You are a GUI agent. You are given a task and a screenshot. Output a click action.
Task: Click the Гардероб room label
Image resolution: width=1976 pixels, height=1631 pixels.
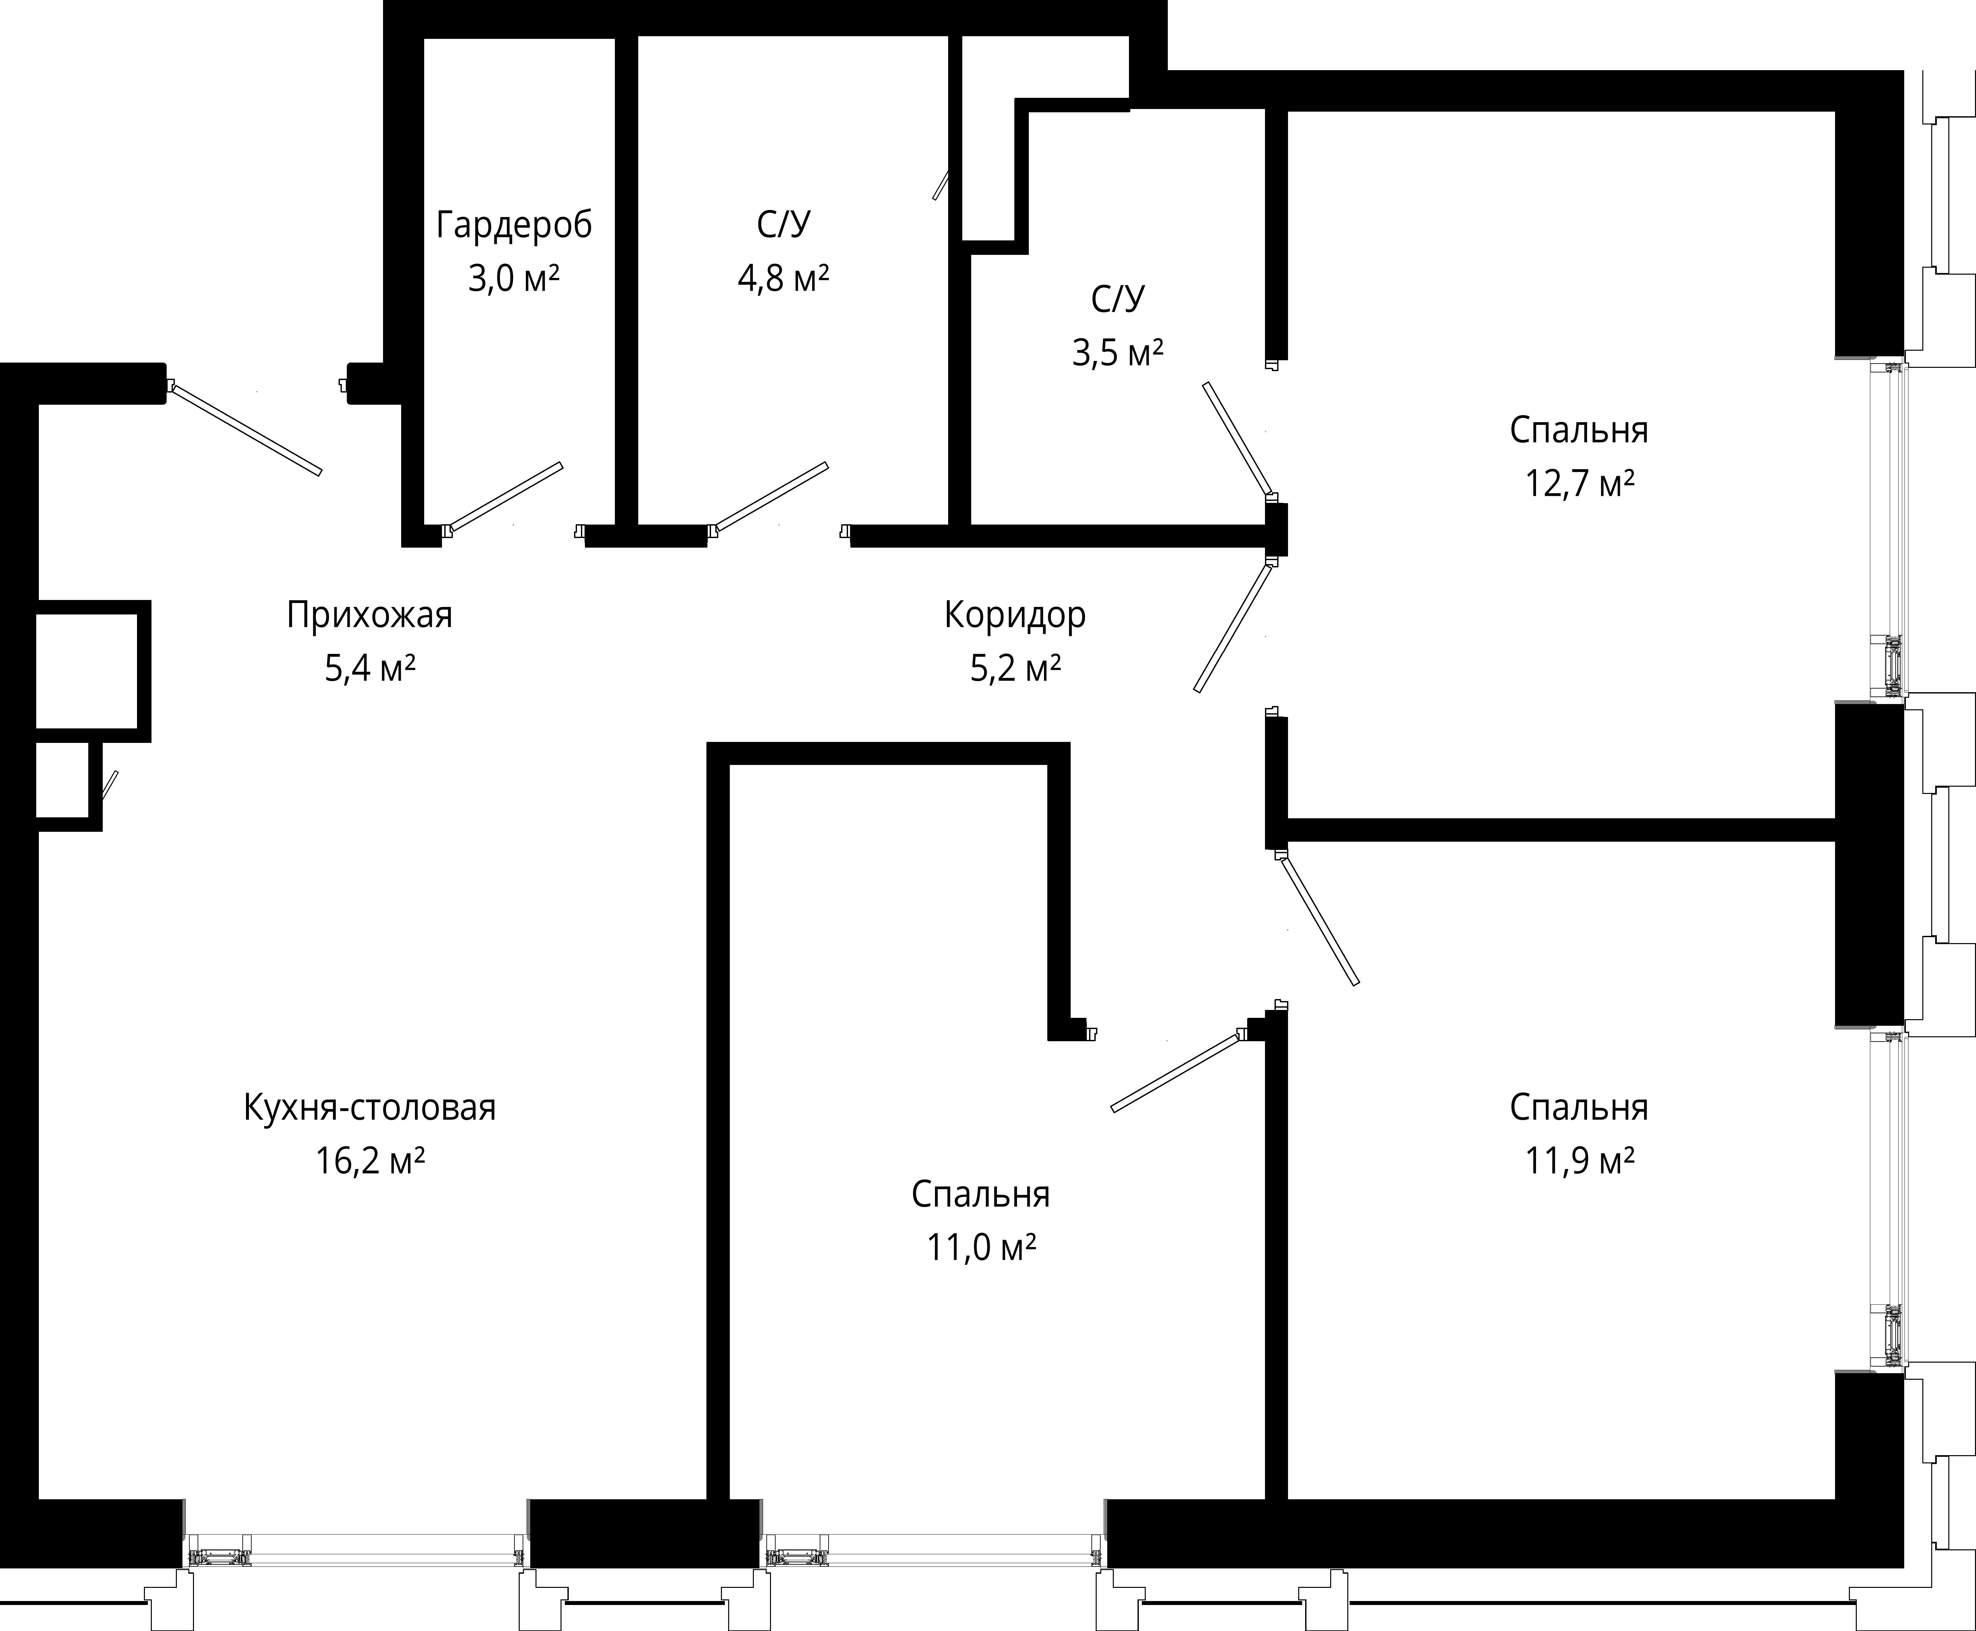coord(514,226)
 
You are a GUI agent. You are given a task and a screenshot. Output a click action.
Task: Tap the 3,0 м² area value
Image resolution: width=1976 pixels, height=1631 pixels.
coord(514,279)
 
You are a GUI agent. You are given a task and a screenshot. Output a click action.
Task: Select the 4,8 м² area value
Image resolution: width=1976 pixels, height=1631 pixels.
coord(783,279)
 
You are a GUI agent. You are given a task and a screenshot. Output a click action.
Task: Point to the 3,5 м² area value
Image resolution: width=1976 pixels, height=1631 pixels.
coord(1118,353)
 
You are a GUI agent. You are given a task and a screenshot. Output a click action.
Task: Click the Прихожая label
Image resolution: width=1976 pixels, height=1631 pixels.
coord(369,615)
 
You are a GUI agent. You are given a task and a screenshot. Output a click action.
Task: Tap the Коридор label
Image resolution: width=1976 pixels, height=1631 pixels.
coord(1015,615)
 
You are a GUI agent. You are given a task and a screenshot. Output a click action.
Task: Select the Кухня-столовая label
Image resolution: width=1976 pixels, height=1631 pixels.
coord(369,1108)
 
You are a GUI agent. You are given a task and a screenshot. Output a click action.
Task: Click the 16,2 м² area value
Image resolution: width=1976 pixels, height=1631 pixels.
coord(369,1161)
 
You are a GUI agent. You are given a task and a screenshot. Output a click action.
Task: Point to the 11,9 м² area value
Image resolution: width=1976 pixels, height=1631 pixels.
coord(1579,1161)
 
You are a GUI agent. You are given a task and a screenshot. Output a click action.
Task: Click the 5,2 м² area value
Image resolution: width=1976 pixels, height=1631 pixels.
coord(1015,669)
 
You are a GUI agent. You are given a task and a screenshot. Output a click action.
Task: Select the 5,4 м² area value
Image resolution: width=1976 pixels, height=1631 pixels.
coord(369,669)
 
